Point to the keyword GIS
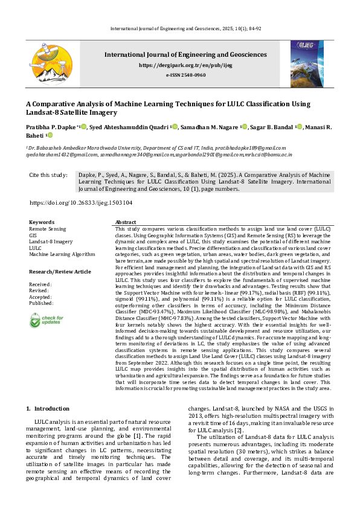pos(33,235)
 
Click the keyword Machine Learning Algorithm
pos(62,254)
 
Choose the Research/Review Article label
pos(60,272)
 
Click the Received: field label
pos(40,284)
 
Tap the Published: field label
pos(42,303)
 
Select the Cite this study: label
pos(48,175)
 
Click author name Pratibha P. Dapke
pos(53,127)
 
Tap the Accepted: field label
pos(41,296)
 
